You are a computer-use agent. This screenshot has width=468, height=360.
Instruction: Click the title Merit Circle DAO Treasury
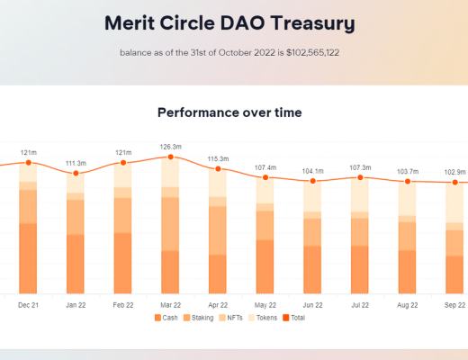[229, 22]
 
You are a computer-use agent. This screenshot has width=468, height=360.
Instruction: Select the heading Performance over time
[229, 112]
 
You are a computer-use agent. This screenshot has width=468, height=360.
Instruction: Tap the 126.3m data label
[170, 147]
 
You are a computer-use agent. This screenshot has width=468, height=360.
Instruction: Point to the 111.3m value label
[76, 163]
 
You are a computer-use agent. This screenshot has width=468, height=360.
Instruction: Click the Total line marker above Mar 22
[170, 157]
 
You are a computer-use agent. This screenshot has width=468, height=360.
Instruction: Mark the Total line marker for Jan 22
[76, 173]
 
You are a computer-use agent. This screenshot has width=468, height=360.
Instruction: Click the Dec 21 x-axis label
[28, 305]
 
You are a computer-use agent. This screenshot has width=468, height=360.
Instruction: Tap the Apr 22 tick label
[218, 305]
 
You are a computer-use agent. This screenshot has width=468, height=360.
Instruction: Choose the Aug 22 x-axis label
[408, 305]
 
